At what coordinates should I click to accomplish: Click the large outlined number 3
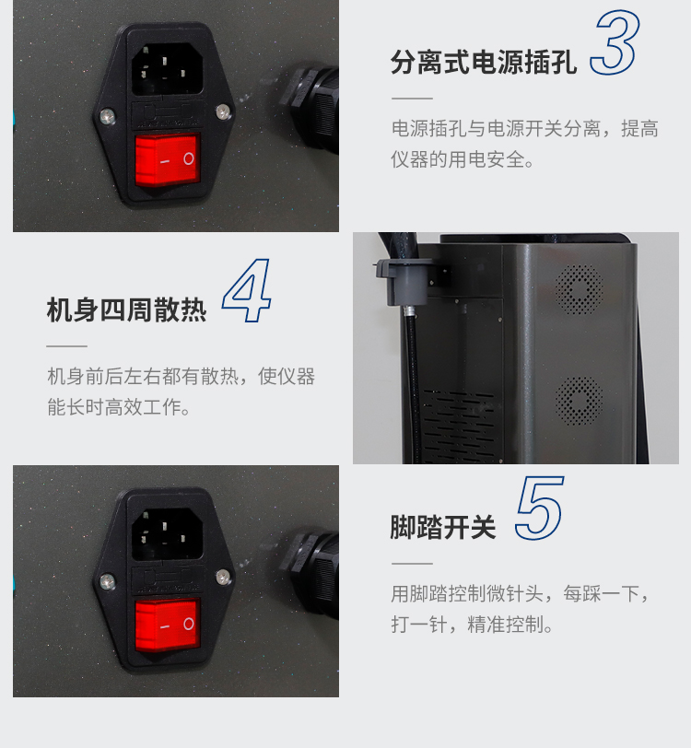(615, 43)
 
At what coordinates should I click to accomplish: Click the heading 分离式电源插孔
(484, 64)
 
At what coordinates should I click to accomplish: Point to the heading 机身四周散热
(127, 310)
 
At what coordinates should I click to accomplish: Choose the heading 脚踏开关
(443, 528)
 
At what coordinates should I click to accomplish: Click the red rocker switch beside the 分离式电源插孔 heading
(168, 158)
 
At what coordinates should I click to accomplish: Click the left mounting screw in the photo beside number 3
(109, 117)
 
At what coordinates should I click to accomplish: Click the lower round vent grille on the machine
(579, 401)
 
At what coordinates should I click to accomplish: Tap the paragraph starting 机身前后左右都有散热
(181, 392)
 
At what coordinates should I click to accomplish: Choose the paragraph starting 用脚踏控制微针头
(521, 609)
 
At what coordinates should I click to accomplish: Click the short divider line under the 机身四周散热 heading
(66, 346)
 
